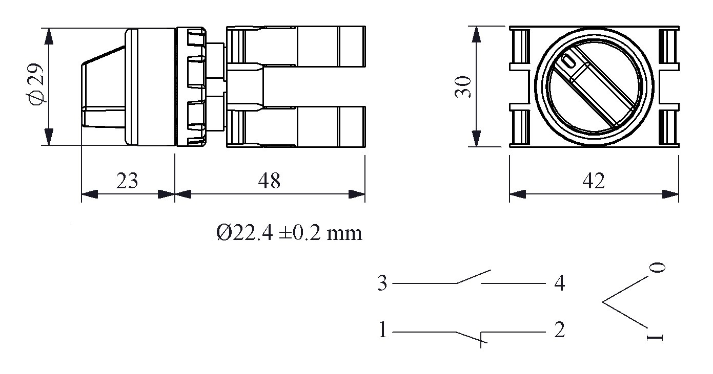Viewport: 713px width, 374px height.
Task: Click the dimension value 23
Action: pos(127,181)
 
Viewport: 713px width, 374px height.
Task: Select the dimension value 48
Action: pos(269,181)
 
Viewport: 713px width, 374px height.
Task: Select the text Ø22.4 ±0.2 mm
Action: pos(289,233)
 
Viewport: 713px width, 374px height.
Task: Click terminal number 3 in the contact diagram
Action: pos(382,283)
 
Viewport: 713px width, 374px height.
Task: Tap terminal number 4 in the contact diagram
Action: pos(559,283)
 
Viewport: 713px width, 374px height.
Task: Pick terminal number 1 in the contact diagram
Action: pos(382,330)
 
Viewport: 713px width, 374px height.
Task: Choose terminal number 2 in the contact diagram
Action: pos(559,330)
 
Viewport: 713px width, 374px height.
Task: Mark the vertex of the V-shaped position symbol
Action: pos(603,302)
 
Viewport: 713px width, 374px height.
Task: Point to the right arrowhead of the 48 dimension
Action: pos(358,194)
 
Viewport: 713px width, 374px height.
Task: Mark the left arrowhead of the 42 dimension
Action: pos(517,194)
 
